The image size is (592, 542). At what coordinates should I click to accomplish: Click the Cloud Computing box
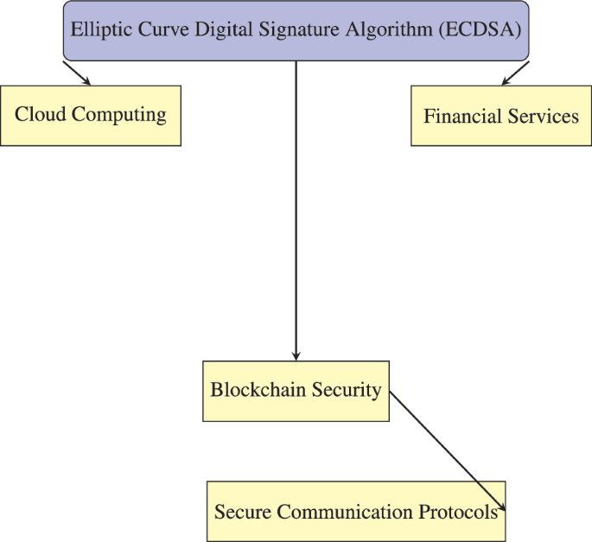tap(91, 115)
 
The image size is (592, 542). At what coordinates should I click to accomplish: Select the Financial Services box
tap(500, 115)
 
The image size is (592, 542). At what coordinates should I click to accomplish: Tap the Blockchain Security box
tap(296, 391)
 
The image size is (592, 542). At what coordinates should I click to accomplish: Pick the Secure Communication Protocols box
tap(355, 511)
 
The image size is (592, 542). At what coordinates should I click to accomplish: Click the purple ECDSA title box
tap(296, 31)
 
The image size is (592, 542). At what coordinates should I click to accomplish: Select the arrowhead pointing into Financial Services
tap(506, 81)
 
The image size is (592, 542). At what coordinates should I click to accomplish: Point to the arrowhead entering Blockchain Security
tap(296, 355)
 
